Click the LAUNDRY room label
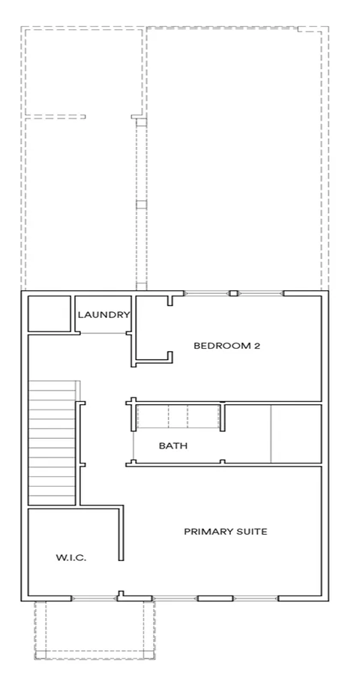(x=103, y=315)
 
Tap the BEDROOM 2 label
(x=227, y=346)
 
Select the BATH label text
(x=173, y=445)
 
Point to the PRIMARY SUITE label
(x=226, y=532)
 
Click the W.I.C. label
(x=71, y=558)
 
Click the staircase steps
(x=52, y=442)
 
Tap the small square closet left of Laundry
(x=49, y=313)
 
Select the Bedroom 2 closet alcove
(x=151, y=327)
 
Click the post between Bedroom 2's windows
(x=233, y=293)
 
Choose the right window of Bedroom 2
(x=260, y=293)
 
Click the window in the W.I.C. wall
(x=94, y=598)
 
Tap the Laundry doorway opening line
(x=103, y=333)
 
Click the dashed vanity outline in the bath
(x=178, y=416)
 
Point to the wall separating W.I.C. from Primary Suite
(x=121, y=533)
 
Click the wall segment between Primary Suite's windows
(x=215, y=598)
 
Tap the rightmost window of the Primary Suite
(x=256, y=598)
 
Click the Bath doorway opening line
(x=133, y=446)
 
